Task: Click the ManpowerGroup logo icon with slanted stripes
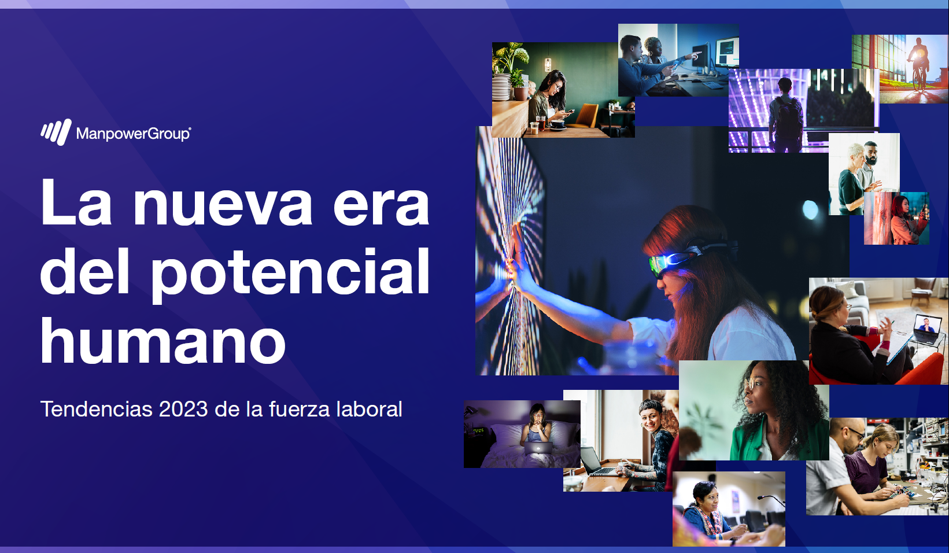coord(56,132)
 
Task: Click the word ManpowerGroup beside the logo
coord(134,134)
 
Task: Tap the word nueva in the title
coord(223,204)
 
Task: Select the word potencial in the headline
coord(291,272)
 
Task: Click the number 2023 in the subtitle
coord(183,409)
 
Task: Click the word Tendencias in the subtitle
coord(97,409)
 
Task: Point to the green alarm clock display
coord(478,431)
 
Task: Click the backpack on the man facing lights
coord(787,115)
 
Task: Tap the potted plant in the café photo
coord(512,64)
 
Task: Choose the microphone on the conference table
coord(770,500)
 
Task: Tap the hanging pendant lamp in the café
coord(548,64)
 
